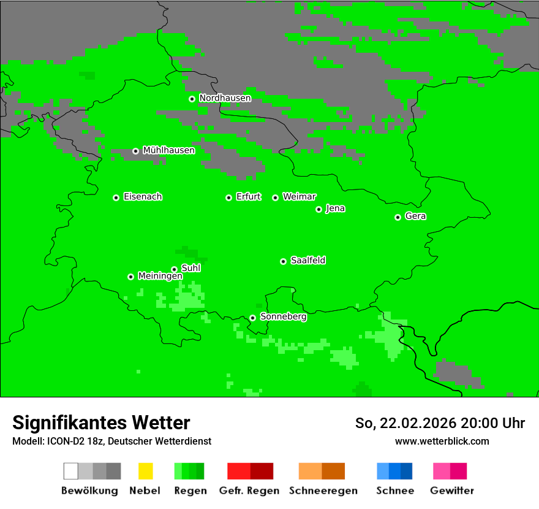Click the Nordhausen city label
(225, 98)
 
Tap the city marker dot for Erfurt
(228, 197)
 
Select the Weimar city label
(299, 197)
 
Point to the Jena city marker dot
(318, 209)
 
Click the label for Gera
(415, 216)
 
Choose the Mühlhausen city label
(168, 150)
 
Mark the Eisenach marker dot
(116, 197)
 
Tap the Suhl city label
(190, 268)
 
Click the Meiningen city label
(160, 276)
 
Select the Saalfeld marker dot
(283, 261)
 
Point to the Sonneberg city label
(283, 317)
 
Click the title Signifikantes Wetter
(101, 423)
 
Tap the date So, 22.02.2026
(405, 423)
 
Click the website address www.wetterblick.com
(442, 441)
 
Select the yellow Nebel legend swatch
(145, 471)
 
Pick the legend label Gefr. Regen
(249, 491)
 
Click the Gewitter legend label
(451, 491)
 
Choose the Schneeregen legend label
(323, 491)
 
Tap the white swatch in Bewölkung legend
(71, 471)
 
